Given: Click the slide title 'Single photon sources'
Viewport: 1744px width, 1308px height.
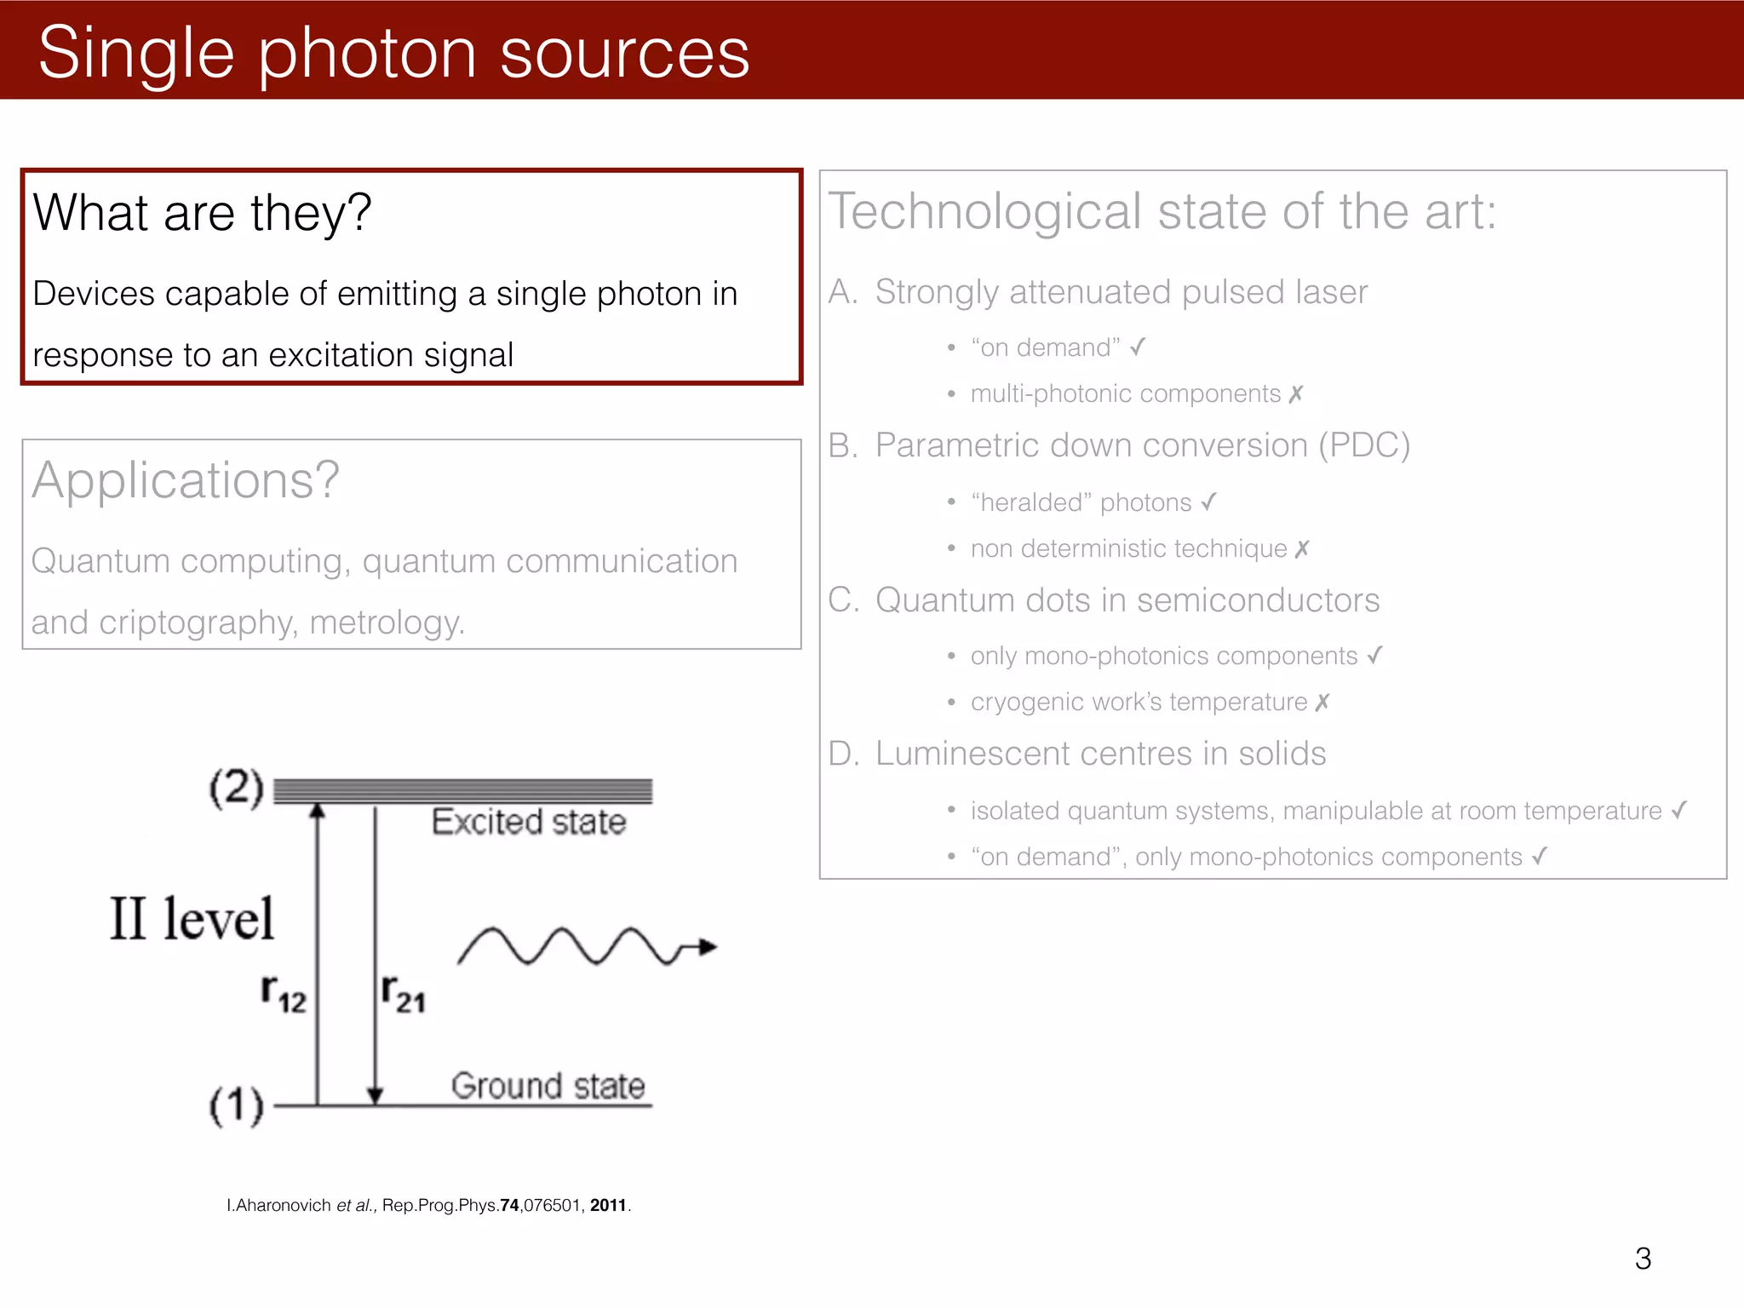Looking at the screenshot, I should click(x=393, y=53).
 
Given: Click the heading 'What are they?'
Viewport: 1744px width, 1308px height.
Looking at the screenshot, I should click(x=203, y=212).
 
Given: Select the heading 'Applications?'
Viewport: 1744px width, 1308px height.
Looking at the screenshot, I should click(x=186, y=480).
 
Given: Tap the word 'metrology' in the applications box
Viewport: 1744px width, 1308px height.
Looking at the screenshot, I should click(x=386, y=622).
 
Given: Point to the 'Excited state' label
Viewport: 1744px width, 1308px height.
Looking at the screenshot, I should click(x=528, y=823).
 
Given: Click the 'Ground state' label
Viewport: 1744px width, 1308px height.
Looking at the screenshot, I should click(x=548, y=1087).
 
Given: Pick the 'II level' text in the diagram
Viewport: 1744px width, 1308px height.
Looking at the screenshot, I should click(x=192, y=920).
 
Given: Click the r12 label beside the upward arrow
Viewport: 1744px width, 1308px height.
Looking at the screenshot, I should click(x=284, y=994).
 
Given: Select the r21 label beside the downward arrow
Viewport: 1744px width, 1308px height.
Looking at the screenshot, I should click(x=403, y=994).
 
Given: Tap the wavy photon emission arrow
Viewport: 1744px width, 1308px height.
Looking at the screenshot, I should click(x=586, y=946).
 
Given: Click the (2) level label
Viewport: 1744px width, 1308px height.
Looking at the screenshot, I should click(x=237, y=788).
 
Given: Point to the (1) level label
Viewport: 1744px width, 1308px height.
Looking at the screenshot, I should click(x=237, y=1105).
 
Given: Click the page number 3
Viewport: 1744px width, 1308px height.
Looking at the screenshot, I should click(x=1643, y=1259).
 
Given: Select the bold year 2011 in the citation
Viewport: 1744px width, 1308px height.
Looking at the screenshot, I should click(x=608, y=1206).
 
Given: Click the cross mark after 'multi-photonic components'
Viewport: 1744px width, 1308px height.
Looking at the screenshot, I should click(x=1296, y=394).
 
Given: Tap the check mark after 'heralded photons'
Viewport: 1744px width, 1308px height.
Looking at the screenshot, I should click(x=1208, y=502).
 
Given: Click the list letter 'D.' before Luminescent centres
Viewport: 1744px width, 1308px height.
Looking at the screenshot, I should click(x=843, y=754).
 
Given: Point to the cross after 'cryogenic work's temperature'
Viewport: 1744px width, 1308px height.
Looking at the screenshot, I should click(x=1322, y=703).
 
